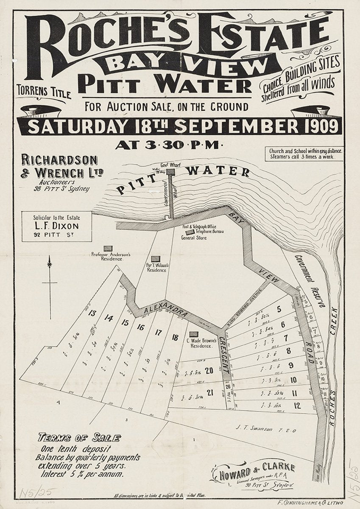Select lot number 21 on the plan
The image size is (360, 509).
[209, 392]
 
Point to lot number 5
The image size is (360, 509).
[279, 309]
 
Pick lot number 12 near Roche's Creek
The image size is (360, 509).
[297, 406]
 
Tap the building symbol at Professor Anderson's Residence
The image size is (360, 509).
[108, 248]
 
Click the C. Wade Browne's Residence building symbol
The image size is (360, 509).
[193, 335]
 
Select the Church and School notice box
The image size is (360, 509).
[305, 154]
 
